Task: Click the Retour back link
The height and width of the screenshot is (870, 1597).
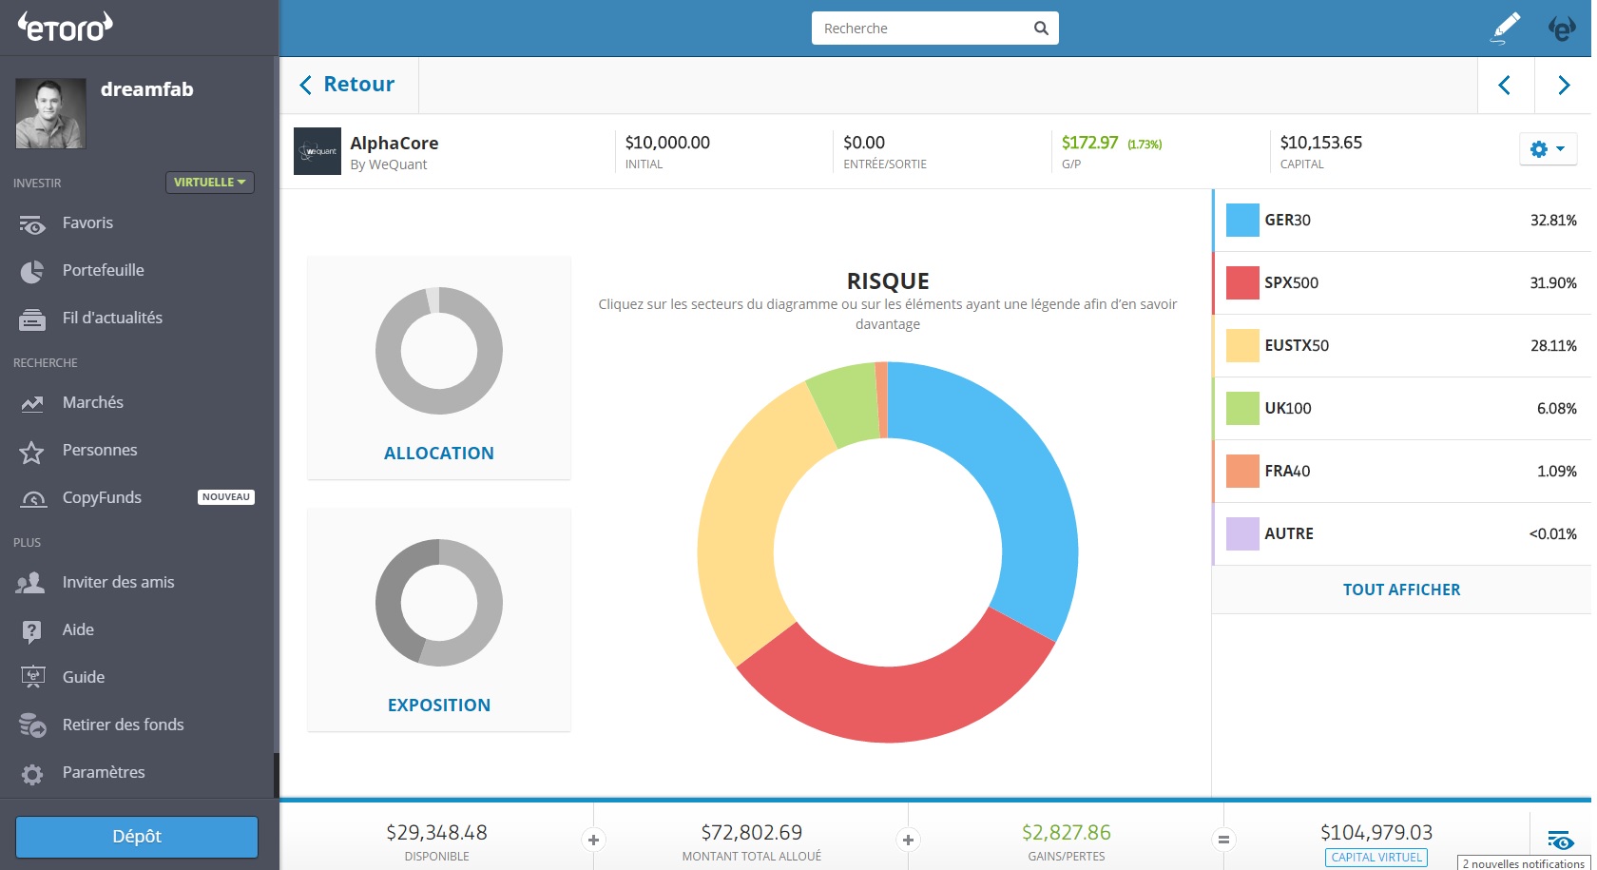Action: point(348,85)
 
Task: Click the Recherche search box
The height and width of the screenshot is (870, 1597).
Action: point(922,29)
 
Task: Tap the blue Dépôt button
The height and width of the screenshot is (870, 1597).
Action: point(137,837)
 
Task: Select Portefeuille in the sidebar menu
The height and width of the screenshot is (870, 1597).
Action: point(103,270)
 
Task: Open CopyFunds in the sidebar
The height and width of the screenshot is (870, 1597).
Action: point(102,497)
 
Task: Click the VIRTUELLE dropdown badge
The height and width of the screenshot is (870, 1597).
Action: point(209,182)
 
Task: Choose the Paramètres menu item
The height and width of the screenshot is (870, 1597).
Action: point(103,772)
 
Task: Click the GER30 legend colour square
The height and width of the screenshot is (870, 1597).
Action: point(1242,220)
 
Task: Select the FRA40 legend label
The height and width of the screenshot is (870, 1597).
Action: point(1287,471)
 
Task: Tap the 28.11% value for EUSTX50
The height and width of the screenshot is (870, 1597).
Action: point(1552,345)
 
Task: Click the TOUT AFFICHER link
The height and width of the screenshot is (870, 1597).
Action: point(1401,590)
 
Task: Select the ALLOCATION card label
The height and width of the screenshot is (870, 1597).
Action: point(439,454)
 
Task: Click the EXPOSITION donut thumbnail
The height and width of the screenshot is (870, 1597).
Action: point(439,603)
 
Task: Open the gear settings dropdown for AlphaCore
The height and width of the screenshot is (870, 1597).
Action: point(1547,149)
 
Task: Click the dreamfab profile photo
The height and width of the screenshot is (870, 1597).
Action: point(50,113)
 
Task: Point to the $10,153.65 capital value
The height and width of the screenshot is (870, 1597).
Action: point(1320,143)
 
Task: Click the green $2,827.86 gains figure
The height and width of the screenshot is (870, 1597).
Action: point(1066,833)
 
